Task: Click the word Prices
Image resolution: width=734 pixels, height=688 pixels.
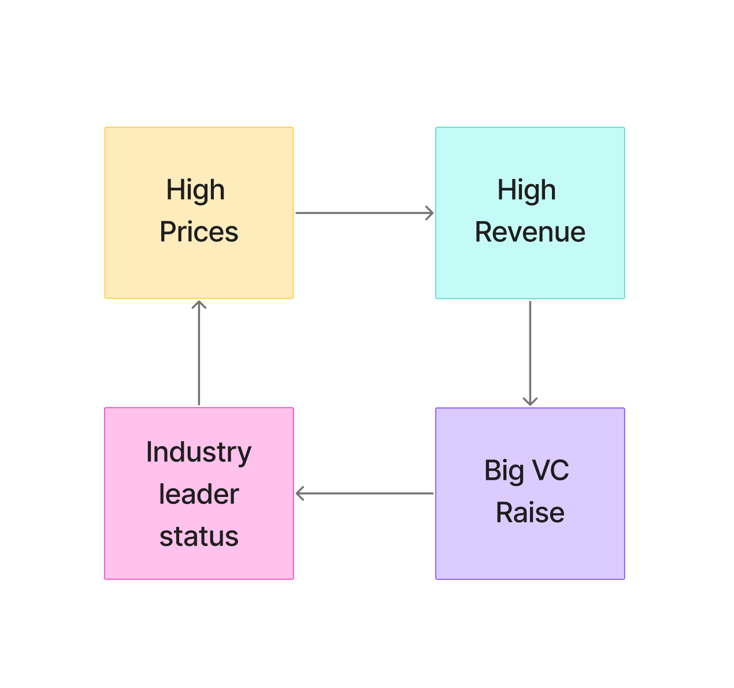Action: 199,232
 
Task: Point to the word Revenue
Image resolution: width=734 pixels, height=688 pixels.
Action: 530,232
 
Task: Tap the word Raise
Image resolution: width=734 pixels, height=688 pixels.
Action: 530,513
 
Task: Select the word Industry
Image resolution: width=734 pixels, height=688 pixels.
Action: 199,452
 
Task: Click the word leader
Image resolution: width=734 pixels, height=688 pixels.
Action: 199,494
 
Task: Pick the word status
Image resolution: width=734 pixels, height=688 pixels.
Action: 199,536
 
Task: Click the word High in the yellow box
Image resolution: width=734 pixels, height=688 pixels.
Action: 195,190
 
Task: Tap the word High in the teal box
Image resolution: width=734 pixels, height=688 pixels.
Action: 527,190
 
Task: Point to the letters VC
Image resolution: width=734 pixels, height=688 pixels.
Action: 550,470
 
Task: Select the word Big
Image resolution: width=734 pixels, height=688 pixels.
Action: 504,470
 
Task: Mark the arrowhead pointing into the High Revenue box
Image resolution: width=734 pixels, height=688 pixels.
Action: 429,213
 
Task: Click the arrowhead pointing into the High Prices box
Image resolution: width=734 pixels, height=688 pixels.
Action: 199,305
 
